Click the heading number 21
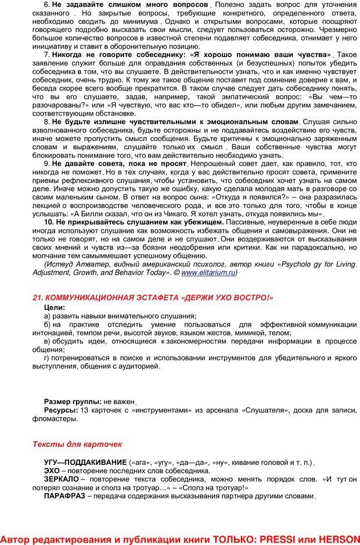tap(38, 298)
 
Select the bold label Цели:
tap(55, 307)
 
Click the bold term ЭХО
tap(52, 471)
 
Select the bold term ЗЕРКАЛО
tap(62, 480)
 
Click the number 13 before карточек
tap(84, 410)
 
